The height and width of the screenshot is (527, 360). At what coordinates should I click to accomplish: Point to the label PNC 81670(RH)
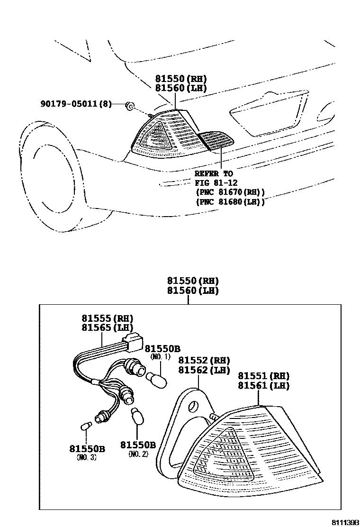230,192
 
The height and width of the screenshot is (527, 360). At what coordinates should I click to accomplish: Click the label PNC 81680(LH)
230,202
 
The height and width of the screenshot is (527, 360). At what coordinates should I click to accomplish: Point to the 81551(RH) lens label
263,376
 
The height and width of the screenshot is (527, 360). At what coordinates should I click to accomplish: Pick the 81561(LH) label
263,386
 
